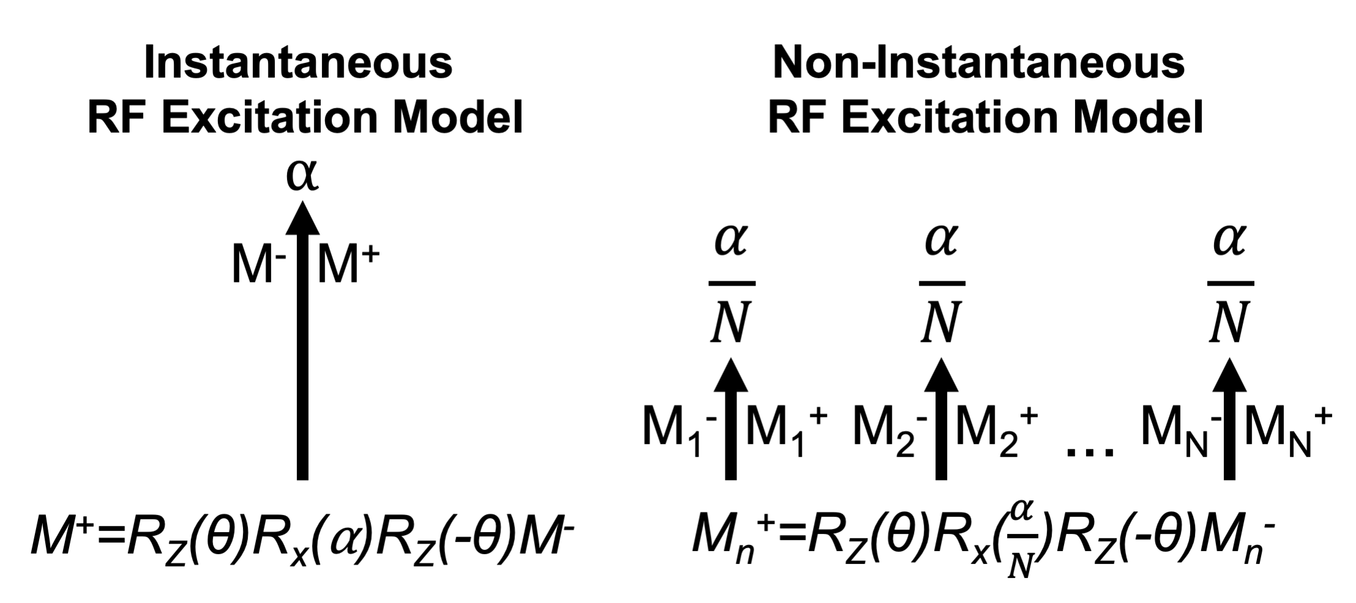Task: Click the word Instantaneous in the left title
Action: tap(298, 63)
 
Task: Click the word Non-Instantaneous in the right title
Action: tap(979, 63)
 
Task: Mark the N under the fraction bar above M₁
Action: tap(731, 324)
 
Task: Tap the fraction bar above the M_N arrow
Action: tap(1231, 284)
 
